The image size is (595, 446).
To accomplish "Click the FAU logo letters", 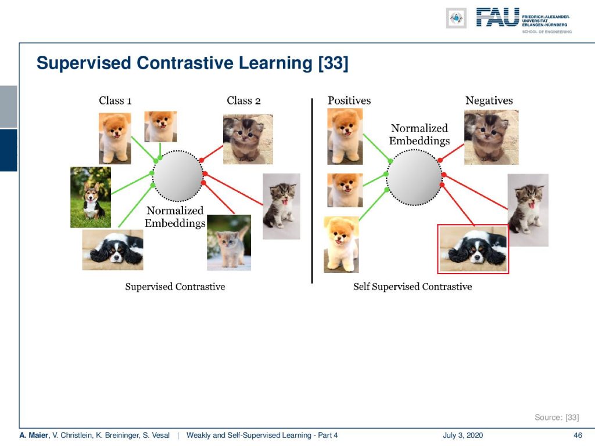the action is point(497,17).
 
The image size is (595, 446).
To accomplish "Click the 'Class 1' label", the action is point(115,100).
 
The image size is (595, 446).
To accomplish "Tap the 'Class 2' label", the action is point(243,100).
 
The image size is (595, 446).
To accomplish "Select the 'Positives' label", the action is point(349,100).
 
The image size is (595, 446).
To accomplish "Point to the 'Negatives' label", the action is point(489,100).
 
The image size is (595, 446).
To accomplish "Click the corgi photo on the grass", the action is point(91,197).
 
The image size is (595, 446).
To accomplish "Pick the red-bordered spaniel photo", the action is point(473,249).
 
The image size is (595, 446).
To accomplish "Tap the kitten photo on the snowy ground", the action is point(229,243).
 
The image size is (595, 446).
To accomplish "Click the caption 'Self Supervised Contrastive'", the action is point(413,286).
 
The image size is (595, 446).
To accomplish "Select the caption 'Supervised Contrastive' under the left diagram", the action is point(175,286).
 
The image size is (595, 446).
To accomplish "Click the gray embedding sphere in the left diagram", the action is point(178,175).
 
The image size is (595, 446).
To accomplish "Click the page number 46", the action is point(578,435).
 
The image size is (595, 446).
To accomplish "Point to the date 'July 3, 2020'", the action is point(463,435).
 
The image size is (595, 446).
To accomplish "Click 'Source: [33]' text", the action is point(557,417).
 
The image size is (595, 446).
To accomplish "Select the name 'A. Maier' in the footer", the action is point(34,435).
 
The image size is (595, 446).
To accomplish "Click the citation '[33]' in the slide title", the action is point(333,63).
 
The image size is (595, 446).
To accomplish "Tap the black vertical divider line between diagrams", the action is point(312,190).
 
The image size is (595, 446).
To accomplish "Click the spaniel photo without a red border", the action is point(113,250).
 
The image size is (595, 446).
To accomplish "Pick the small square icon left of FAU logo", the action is point(456,18).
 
